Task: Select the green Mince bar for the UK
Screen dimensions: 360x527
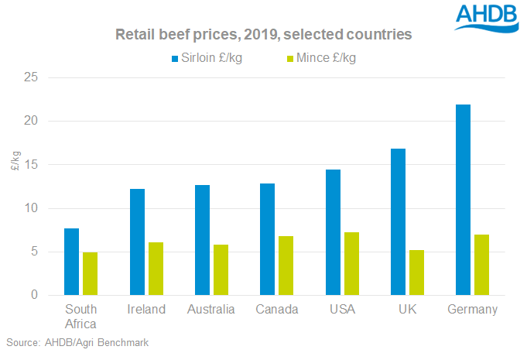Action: pos(416,273)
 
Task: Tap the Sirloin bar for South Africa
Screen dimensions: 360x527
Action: pos(71,262)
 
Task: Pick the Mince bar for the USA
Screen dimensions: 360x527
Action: pos(351,263)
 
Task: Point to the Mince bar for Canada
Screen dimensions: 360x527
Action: pos(286,266)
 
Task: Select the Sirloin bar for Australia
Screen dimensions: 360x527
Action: pos(202,240)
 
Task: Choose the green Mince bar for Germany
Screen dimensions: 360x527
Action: pos(481,265)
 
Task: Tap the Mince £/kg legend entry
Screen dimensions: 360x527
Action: pos(317,58)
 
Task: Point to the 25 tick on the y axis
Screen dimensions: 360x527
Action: pos(30,77)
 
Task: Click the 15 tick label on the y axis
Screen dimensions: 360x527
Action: pos(30,165)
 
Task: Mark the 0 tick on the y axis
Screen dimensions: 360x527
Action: pos(33,295)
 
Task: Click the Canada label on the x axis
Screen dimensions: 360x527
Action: pos(277,310)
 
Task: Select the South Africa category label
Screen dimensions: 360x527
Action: pos(80,317)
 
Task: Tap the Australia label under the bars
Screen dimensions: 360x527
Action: pos(211,310)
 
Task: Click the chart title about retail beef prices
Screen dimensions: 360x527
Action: pos(263,35)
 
